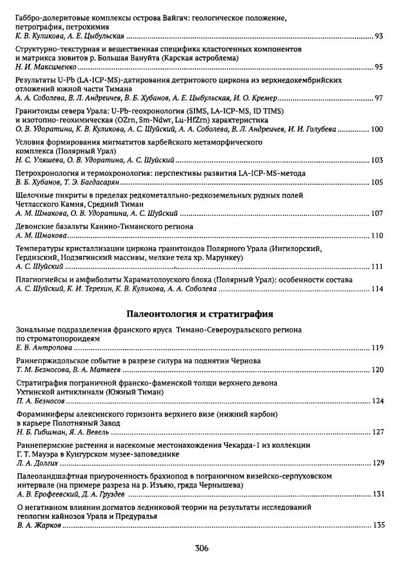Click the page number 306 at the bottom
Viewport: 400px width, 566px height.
coord(201,547)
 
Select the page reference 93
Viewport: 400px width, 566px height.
coord(378,37)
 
